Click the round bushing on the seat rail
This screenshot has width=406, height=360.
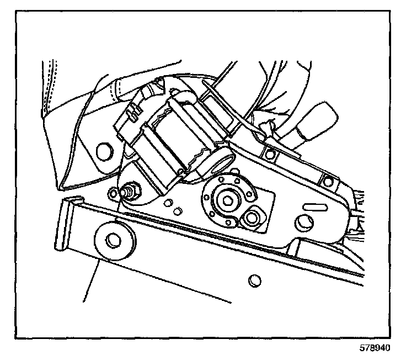(x=114, y=240)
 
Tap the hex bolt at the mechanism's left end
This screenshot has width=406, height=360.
(x=133, y=192)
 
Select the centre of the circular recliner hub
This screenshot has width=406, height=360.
(x=227, y=200)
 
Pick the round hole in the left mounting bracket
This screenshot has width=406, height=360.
(x=102, y=150)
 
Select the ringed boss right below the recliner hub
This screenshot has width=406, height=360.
(x=252, y=218)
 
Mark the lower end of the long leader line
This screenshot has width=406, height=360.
(x=83, y=301)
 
